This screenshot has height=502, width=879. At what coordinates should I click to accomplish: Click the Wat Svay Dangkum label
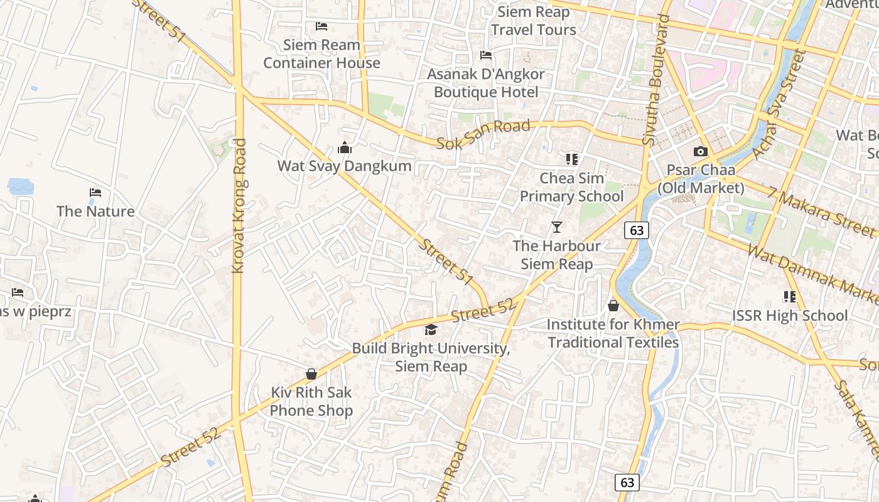(x=345, y=166)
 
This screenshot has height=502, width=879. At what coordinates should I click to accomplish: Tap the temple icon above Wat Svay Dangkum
(x=345, y=148)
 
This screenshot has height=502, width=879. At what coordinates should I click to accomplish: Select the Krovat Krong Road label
(x=239, y=206)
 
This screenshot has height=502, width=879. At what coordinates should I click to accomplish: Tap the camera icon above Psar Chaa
(x=701, y=151)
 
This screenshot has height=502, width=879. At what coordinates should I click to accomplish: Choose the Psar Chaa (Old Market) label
(x=701, y=179)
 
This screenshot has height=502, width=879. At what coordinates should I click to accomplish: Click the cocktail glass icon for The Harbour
(x=556, y=227)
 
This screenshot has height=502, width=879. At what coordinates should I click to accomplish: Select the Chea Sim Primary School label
(x=572, y=187)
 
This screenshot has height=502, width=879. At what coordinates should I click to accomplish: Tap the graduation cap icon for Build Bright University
(x=431, y=330)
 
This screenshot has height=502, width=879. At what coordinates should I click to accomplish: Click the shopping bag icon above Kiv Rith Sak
(x=311, y=374)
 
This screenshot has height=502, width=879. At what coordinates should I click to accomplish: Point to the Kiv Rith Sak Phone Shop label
(x=311, y=402)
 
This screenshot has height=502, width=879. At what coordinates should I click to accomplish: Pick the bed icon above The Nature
(x=95, y=193)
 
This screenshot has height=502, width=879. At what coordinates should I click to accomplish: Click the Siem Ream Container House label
(x=321, y=54)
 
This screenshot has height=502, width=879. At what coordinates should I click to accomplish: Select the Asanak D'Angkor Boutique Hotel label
(x=486, y=83)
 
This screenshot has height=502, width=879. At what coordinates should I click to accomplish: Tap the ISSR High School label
(x=790, y=316)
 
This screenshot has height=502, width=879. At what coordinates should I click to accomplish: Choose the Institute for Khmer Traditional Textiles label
(x=613, y=333)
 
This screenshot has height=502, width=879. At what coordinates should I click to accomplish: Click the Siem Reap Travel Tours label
(x=534, y=21)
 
